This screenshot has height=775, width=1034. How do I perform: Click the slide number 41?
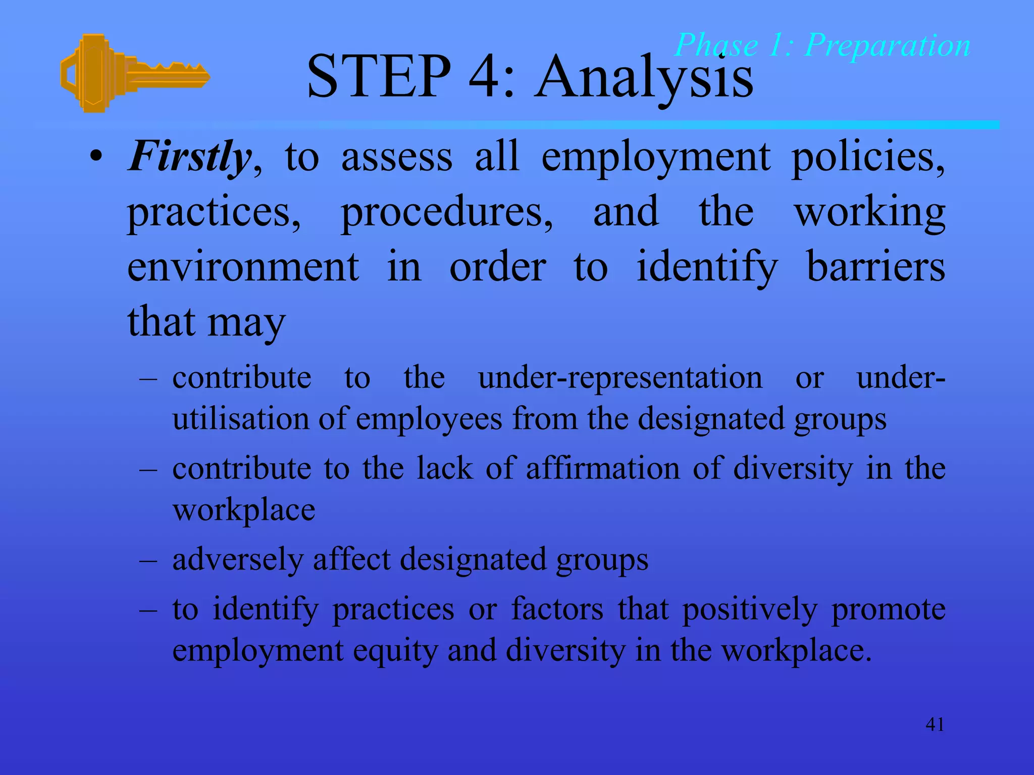[935, 725]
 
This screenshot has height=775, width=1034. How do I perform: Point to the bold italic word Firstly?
[189, 157]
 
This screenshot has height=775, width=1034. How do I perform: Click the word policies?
[867, 158]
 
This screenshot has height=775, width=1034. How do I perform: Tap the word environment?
[243, 267]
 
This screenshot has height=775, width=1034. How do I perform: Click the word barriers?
[875, 267]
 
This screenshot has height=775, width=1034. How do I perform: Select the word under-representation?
[620, 378]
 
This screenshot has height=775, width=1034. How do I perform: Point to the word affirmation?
[603, 469]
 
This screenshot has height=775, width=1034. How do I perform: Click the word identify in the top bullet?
[707, 267]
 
